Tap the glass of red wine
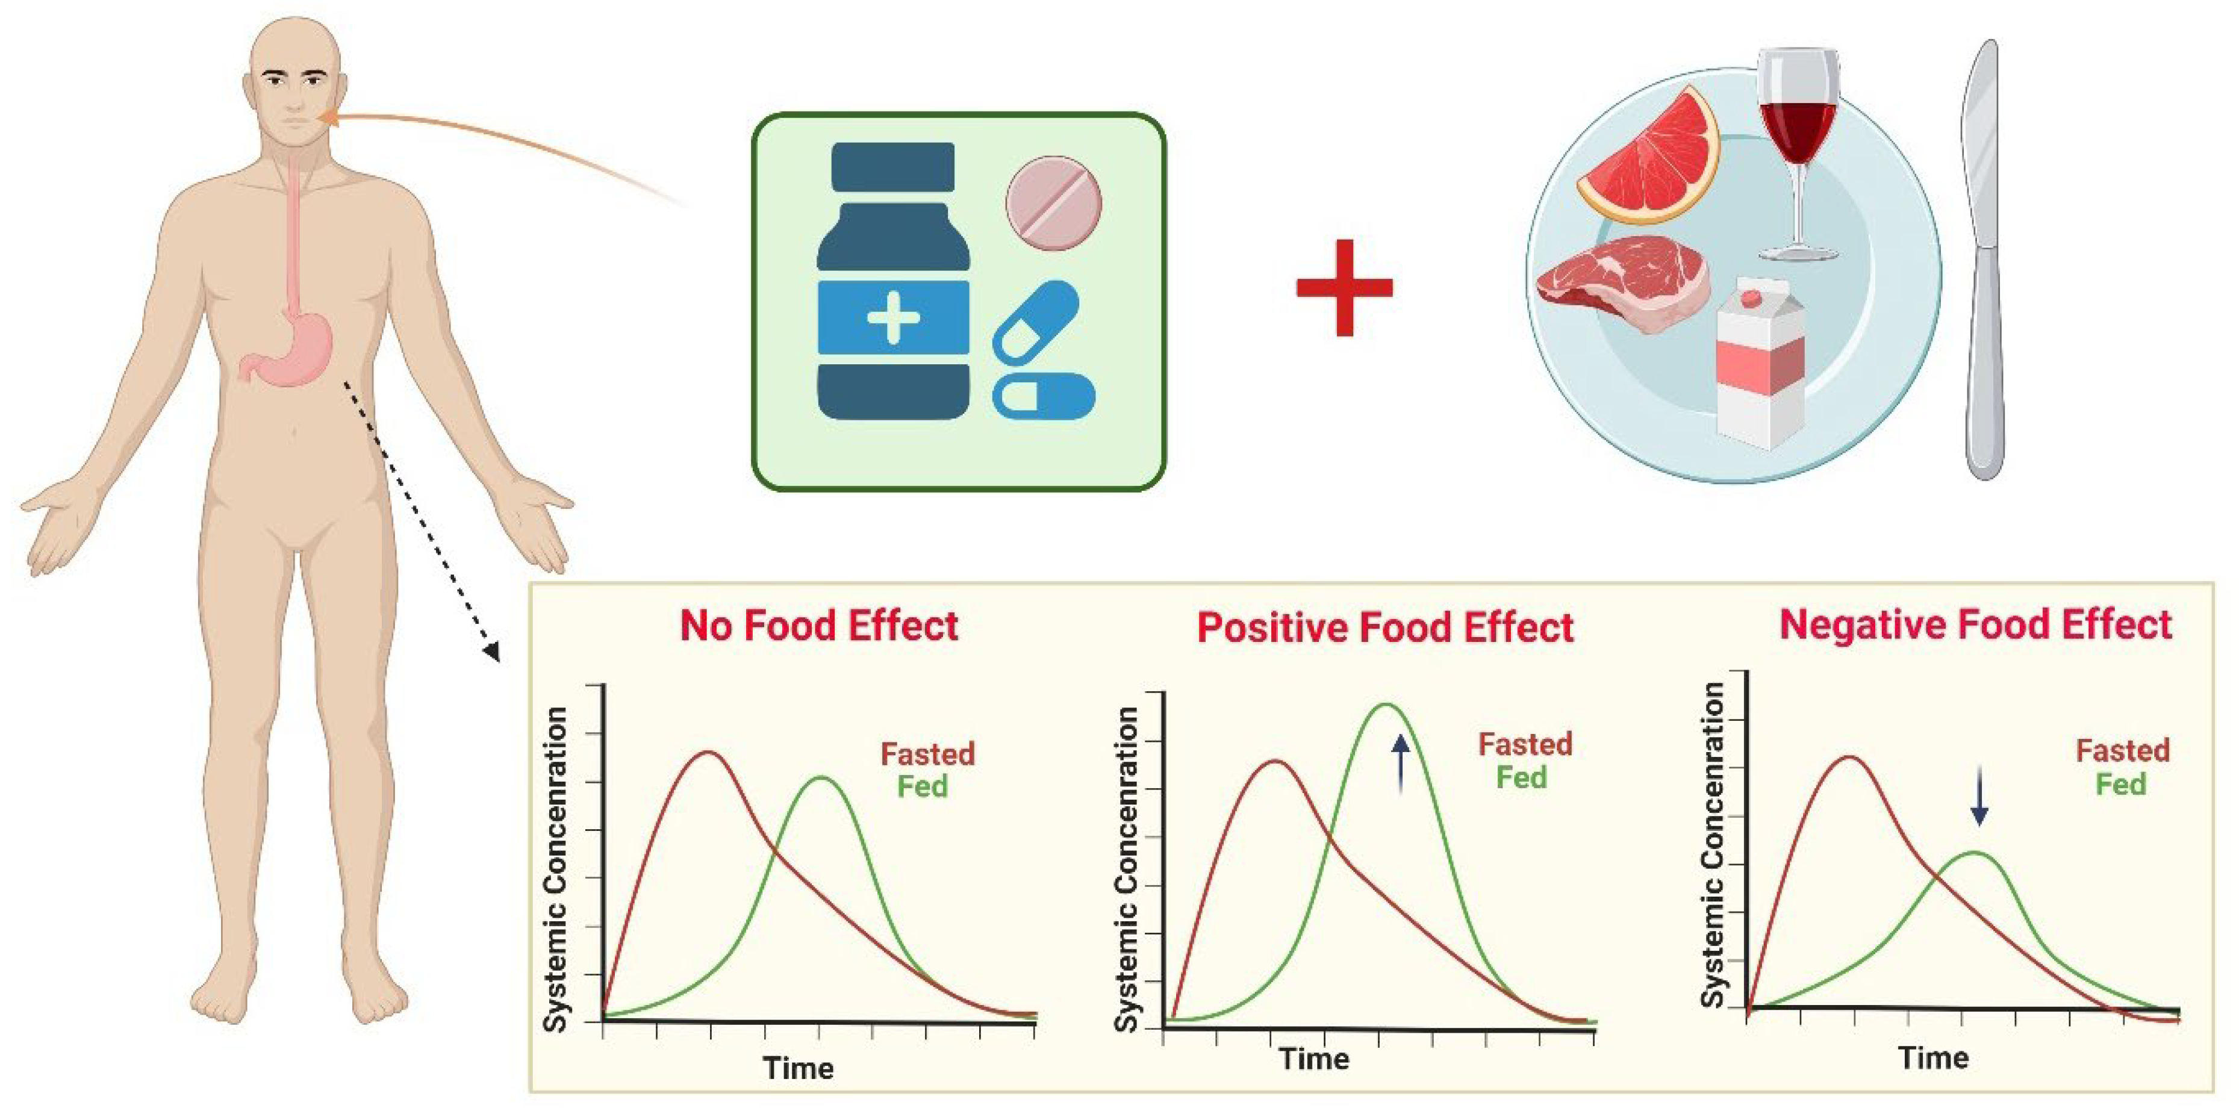(x=1798, y=131)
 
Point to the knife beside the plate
(x=1984, y=261)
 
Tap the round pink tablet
(x=1053, y=204)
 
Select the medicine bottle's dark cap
(x=892, y=167)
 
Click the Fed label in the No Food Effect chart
(x=922, y=786)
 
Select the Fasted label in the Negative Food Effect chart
(x=2123, y=750)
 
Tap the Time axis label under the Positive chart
(x=1314, y=1059)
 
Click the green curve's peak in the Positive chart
(x=1386, y=705)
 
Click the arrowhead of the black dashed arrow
(x=493, y=652)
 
